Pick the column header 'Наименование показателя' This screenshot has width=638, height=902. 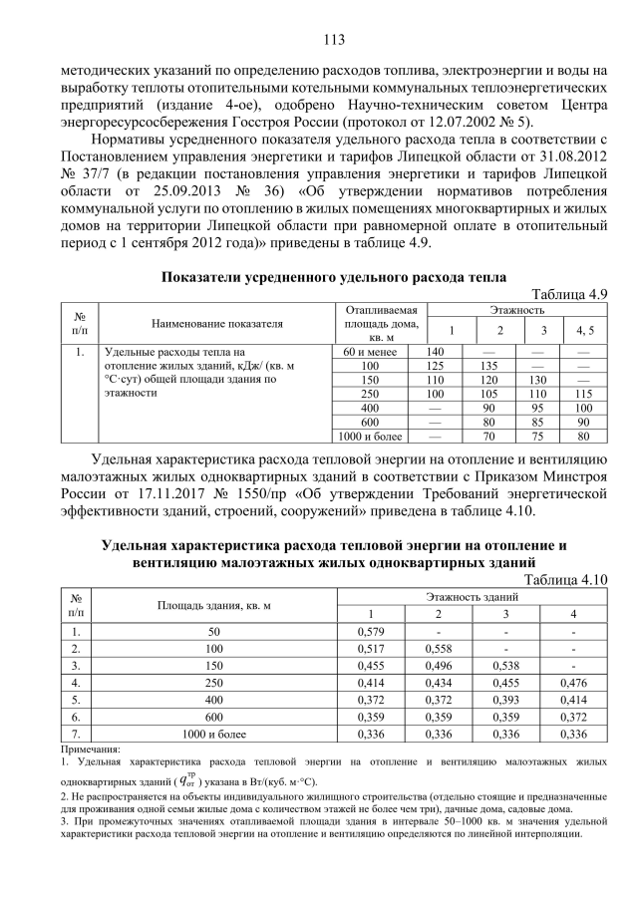pos(217,324)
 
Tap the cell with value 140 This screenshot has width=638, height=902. pos(435,352)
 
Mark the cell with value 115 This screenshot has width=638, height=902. pos(584,394)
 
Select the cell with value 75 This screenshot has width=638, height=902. pos(543,436)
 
